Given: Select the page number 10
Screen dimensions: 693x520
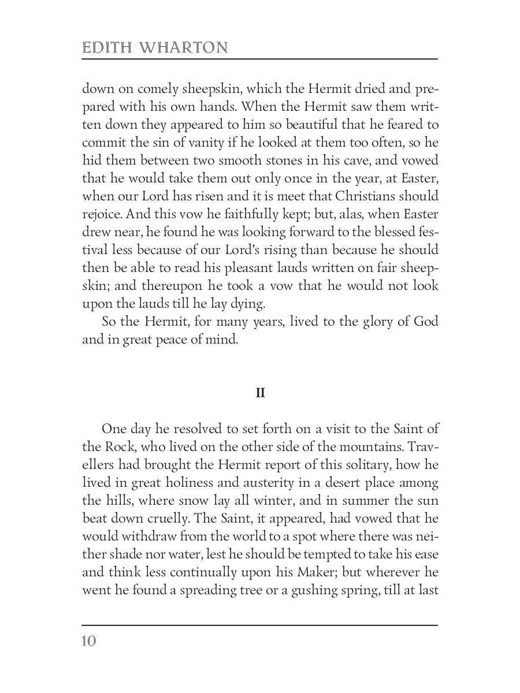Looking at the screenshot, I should coord(89,641).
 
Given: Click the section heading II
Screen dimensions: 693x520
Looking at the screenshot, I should coord(260,393).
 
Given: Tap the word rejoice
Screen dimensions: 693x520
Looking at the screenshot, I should coord(101,214).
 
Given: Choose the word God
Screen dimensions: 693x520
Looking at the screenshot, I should coord(425,322).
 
